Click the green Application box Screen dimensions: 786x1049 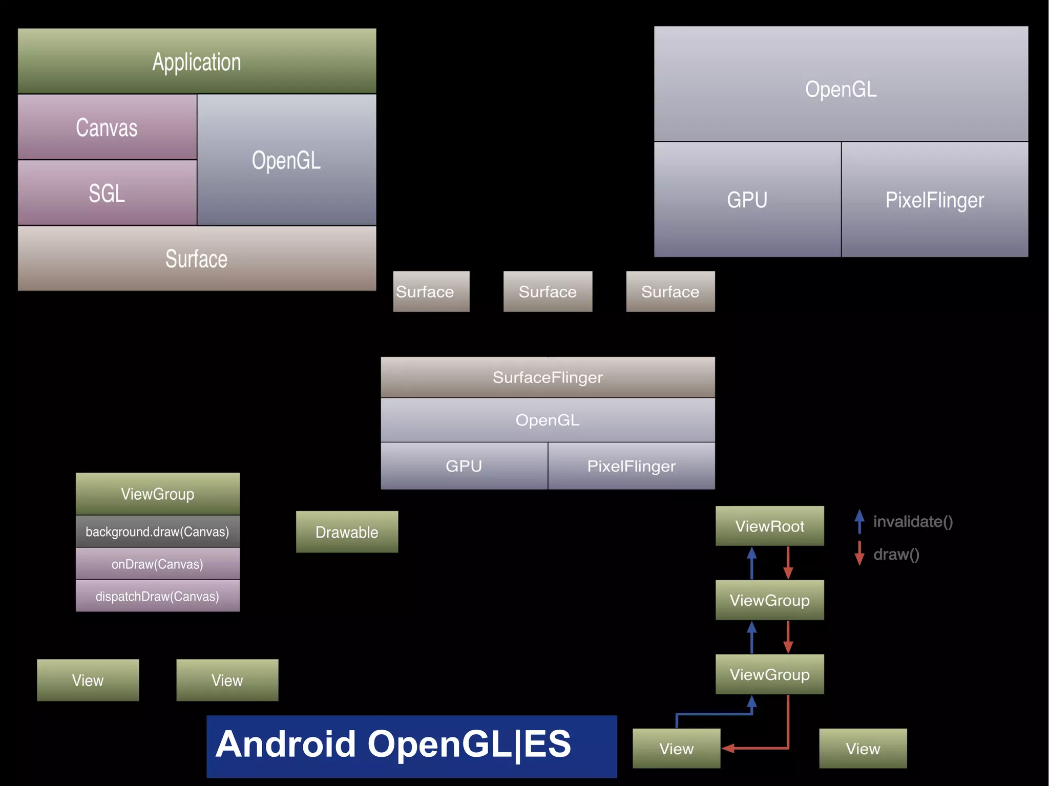197,61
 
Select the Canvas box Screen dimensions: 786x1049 107,127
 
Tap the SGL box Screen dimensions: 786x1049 107,193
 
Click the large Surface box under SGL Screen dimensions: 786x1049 197,259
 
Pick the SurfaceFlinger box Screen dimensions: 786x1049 548,377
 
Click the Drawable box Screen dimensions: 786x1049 347,532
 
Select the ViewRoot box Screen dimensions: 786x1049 769,526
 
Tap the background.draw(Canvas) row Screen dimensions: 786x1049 157,532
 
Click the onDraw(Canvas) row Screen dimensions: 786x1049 157,564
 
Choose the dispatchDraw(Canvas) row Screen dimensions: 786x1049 157,596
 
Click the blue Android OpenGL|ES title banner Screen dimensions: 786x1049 411,746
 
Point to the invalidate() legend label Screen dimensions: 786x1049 913,522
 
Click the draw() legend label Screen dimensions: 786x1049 896,555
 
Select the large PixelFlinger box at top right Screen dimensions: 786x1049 934,200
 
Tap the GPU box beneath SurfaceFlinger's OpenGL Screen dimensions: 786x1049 464,466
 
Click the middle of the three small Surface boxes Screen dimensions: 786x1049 548,291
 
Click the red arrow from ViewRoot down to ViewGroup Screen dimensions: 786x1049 788,562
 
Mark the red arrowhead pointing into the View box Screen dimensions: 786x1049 728,749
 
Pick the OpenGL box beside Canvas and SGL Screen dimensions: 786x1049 286,160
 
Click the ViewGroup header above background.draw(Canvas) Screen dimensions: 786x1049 157,494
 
